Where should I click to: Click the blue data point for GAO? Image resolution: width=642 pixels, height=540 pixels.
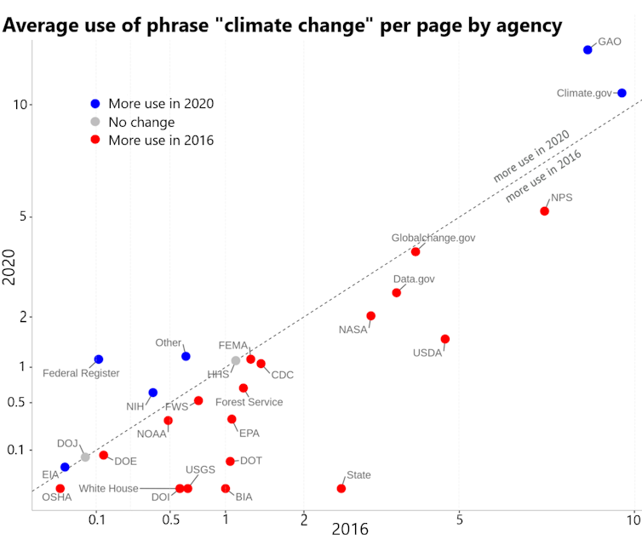(x=588, y=50)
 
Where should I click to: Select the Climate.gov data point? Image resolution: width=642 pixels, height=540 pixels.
(x=622, y=93)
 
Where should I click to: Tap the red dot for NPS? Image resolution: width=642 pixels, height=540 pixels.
(x=544, y=211)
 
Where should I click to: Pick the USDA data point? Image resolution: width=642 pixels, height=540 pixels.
(x=444, y=339)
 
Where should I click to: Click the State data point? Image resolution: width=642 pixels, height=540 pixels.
(x=341, y=488)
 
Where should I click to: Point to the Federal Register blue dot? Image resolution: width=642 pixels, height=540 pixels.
(x=99, y=359)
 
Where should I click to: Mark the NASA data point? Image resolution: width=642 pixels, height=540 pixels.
(x=370, y=316)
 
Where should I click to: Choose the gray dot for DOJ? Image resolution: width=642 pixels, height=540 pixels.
(x=85, y=457)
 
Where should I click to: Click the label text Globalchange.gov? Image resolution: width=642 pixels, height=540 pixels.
(x=433, y=238)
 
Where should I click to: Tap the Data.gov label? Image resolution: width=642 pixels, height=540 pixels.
(x=414, y=279)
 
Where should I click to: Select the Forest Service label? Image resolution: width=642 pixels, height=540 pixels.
(x=249, y=402)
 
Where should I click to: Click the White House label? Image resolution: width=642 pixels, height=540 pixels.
(x=108, y=489)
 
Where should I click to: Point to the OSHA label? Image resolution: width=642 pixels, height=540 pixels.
(x=57, y=497)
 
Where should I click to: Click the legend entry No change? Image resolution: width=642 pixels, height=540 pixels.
(x=141, y=122)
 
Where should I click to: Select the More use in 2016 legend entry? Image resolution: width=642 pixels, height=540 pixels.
(x=160, y=140)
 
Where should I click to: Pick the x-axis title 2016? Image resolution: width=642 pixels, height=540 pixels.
(x=350, y=529)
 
